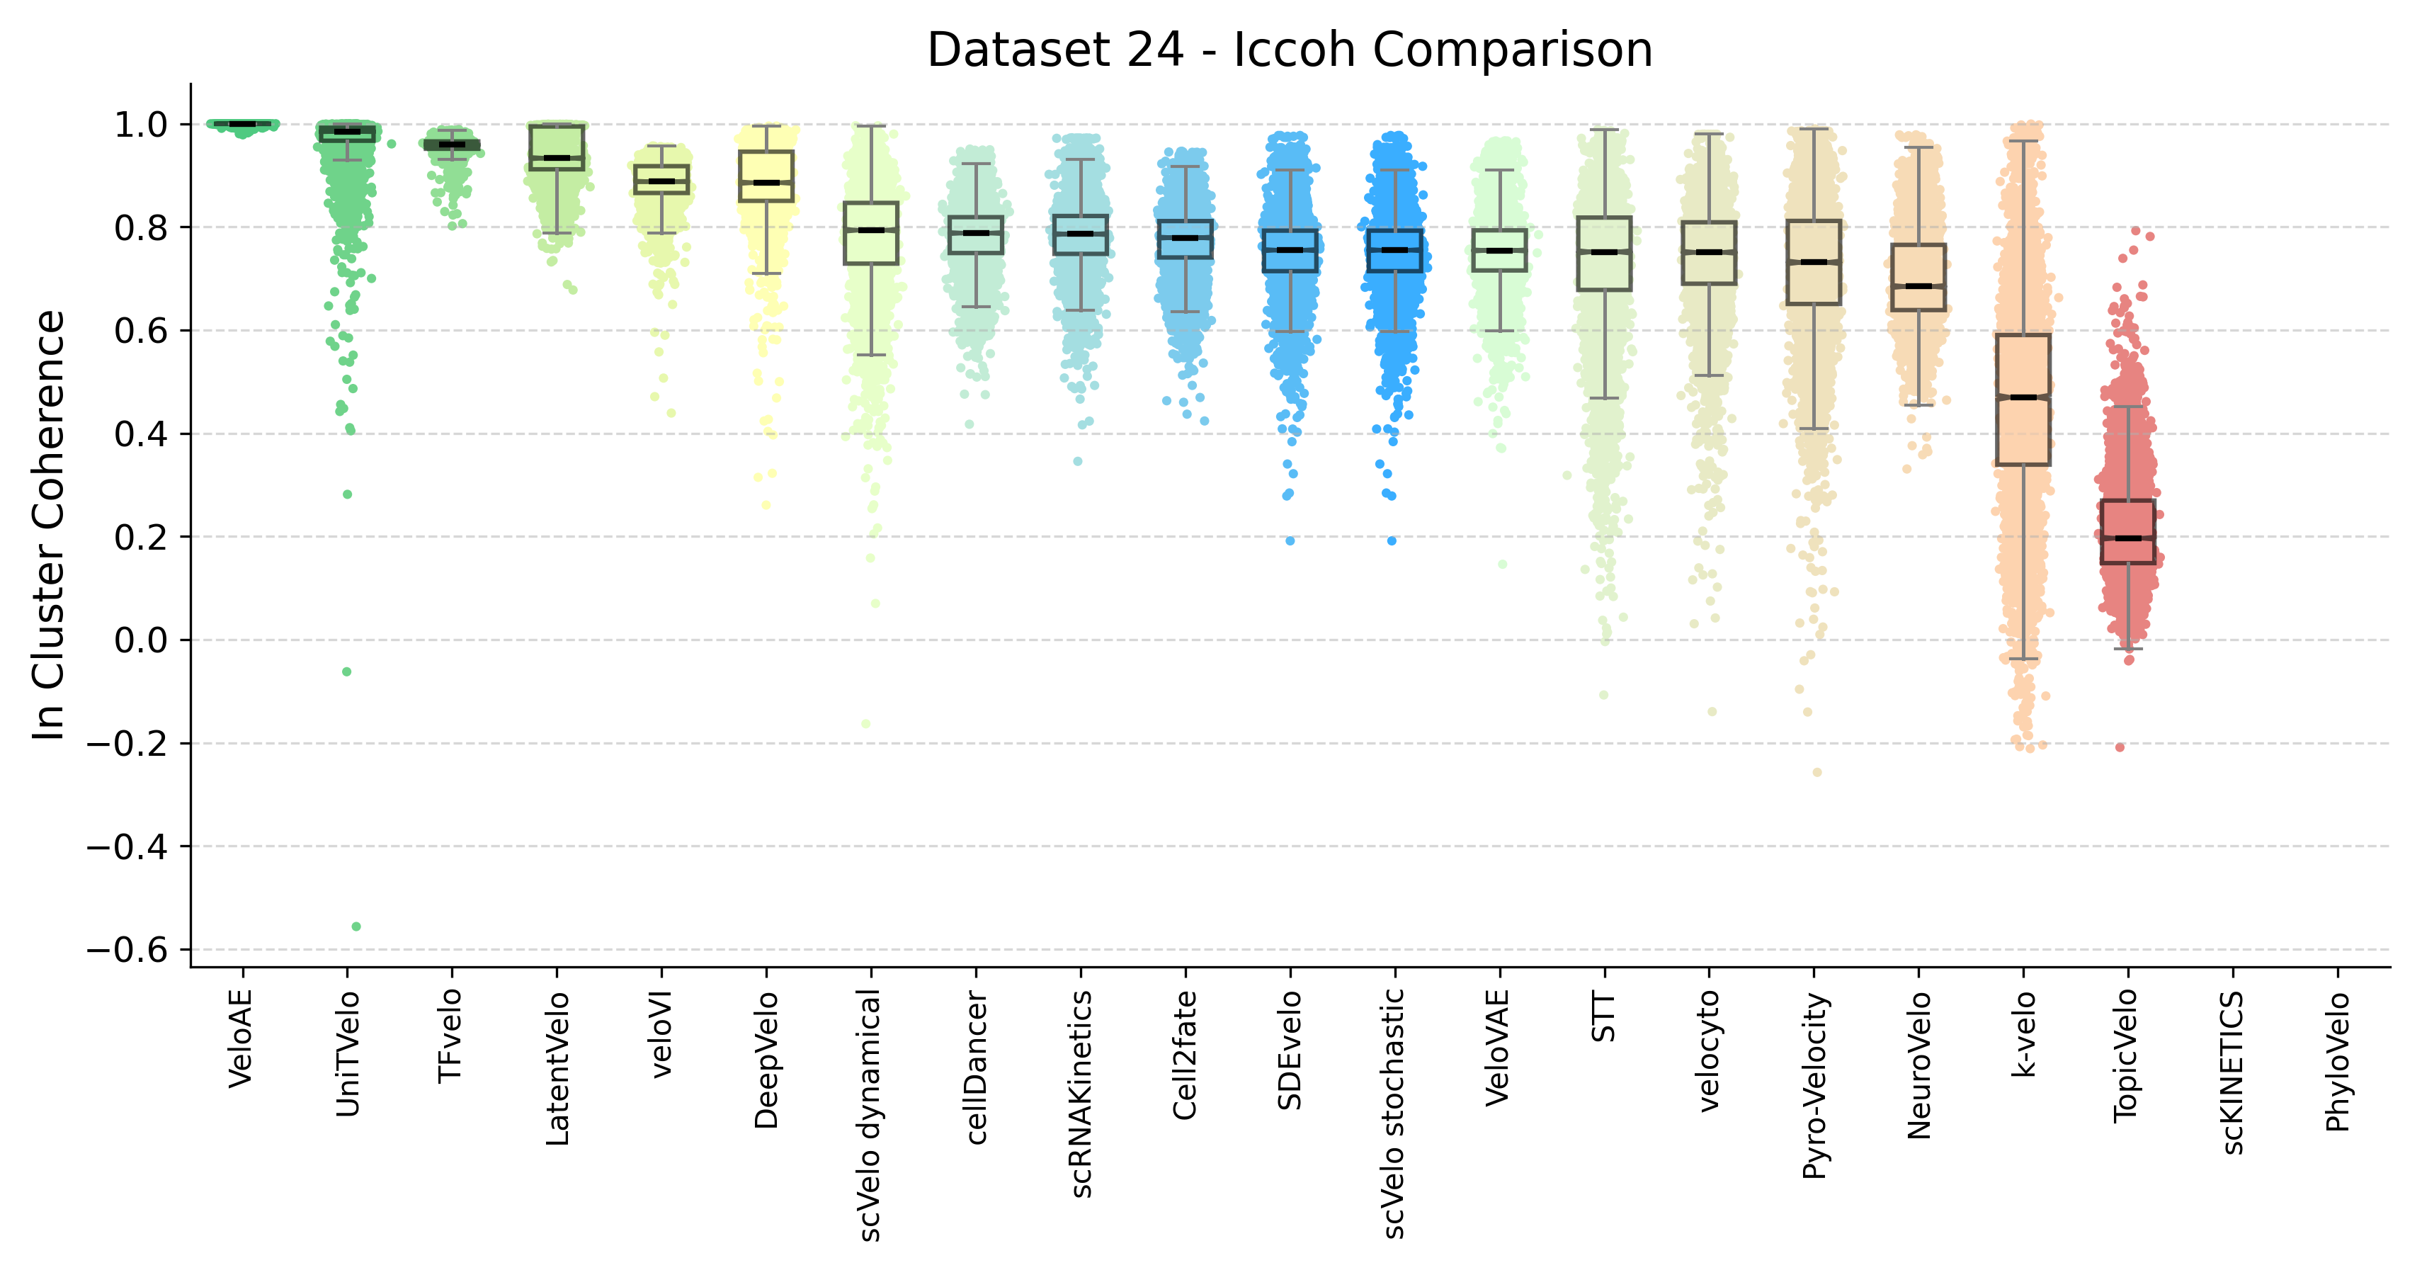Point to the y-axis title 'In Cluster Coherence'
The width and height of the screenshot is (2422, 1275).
[49, 525]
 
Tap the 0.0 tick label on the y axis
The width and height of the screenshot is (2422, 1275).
[141, 641]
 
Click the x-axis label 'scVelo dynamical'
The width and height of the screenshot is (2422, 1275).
[870, 1114]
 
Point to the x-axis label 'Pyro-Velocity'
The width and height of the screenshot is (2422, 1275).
[1814, 1085]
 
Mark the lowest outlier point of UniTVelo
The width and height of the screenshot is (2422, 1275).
[356, 927]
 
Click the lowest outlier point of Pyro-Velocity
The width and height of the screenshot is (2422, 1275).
[1817, 773]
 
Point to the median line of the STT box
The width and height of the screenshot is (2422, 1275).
[1604, 252]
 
